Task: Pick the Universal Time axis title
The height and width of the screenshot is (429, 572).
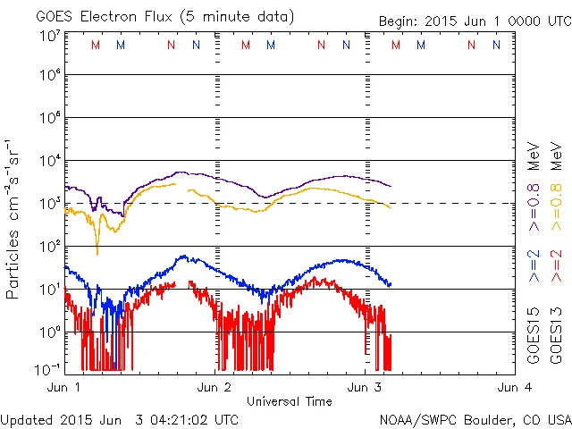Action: tap(289, 401)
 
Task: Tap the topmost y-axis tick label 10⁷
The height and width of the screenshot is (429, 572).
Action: tap(48, 36)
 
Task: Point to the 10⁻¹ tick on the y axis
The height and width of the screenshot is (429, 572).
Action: tap(48, 369)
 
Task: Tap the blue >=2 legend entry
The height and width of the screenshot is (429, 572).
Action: tap(533, 265)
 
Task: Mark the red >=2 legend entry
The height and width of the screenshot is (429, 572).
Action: tap(556, 265)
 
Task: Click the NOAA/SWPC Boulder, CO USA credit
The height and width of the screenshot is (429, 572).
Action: tap(474, 419)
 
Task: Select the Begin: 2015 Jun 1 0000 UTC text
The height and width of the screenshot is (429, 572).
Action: tap(473, 20)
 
